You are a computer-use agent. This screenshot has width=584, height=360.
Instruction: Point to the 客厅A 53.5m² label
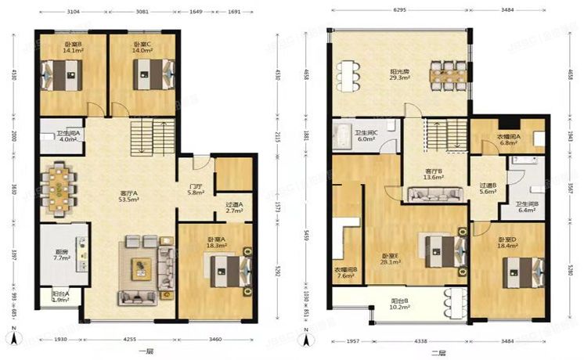coord(129,196)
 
